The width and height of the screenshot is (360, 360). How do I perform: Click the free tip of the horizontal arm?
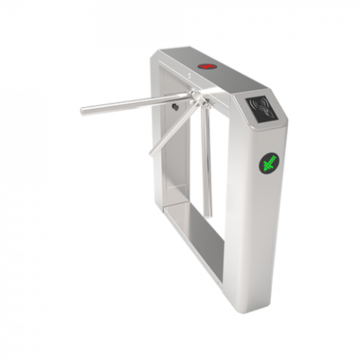coord(83,114)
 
